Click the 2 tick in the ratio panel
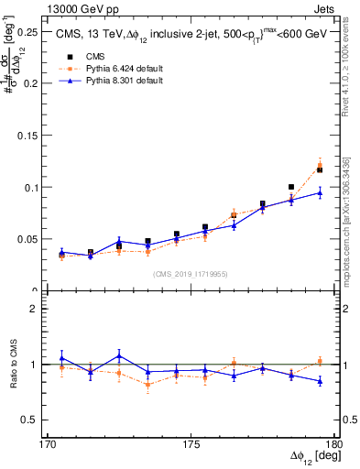click(x=38, y=309)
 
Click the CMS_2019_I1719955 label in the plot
click(x=191, y=273)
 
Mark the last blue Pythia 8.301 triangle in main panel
click(x=320, y=192)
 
